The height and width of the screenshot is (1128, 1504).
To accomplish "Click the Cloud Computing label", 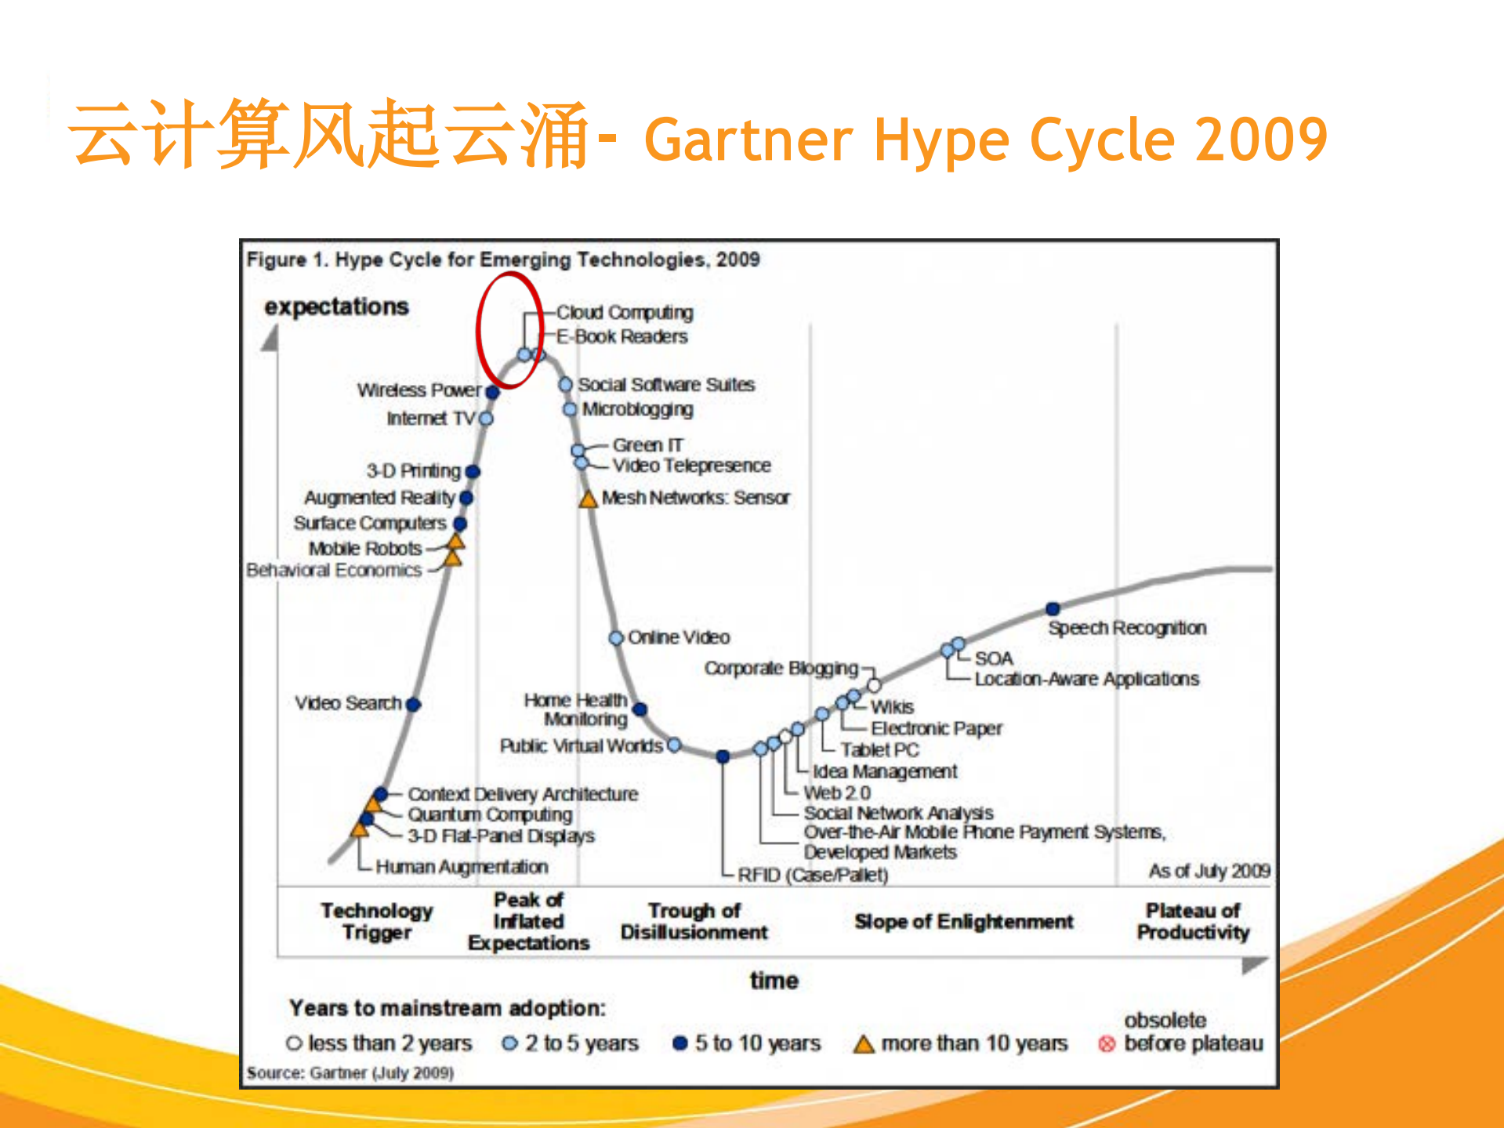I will [625, 312].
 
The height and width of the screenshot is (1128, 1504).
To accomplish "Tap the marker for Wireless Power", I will [492, 391].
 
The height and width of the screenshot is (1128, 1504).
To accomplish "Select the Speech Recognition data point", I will [1053, 609].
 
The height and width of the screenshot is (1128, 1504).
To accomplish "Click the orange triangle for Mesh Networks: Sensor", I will [588, 499].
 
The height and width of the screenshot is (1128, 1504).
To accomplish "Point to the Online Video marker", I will [617, 638].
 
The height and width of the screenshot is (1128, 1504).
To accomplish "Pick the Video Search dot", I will [414, 705].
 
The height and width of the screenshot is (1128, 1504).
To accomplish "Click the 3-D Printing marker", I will [473, 471].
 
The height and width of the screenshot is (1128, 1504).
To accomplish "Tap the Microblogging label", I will [637, 409].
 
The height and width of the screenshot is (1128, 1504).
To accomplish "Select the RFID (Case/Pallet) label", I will [813, 875].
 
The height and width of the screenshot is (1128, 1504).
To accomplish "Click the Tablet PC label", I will [879, 750].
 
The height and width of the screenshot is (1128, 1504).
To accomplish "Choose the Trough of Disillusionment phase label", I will [694, 921].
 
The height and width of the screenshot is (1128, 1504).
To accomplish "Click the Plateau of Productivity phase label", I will [1193, 921].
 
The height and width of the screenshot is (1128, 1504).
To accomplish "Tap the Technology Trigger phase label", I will [377, 921].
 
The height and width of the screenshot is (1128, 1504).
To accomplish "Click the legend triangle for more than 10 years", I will [864, 1044].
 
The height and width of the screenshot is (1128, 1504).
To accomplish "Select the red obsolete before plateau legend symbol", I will [1107, 1044].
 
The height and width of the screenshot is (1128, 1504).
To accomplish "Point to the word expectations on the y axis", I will [336, 306].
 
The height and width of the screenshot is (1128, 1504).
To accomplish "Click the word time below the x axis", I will [774, 981].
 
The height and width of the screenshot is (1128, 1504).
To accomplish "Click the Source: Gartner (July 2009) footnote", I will [350, 1072].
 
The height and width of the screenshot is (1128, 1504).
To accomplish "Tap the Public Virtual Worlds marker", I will [674, 745].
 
